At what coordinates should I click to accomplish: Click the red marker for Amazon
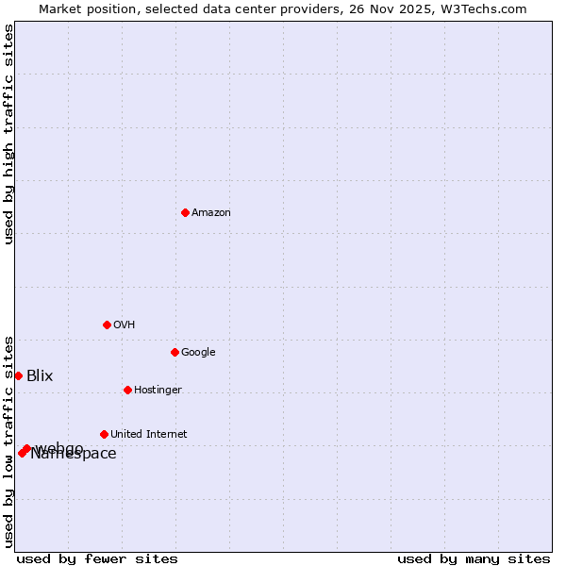click(x=185, y=212)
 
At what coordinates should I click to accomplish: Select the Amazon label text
click(x=211, y=213)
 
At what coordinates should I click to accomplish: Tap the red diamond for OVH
click(x=107, y=325)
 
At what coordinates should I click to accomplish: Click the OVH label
click(x=125, y=325)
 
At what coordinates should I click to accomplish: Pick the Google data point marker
click(x=175, y=352)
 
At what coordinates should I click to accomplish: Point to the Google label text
click(x=198, y=353)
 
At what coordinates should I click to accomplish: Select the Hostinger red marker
click(x=127, y=390)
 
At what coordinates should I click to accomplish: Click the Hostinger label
click(x=158, y=391)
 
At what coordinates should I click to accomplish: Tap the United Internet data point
click(x=104, y=434)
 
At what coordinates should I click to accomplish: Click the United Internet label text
click(x=148, y=435)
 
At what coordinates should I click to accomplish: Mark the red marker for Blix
click(x=18, y=375)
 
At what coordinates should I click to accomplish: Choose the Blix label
click(x=40, y=376)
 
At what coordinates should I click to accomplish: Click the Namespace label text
click(x=74, y=455)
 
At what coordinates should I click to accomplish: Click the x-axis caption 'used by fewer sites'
click(x=97, y=558)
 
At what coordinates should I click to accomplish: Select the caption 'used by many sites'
click(x=474, y=558)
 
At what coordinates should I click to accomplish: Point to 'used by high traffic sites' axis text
click(x=8, y=134)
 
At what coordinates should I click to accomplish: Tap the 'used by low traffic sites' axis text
click(x=8, y=441)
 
